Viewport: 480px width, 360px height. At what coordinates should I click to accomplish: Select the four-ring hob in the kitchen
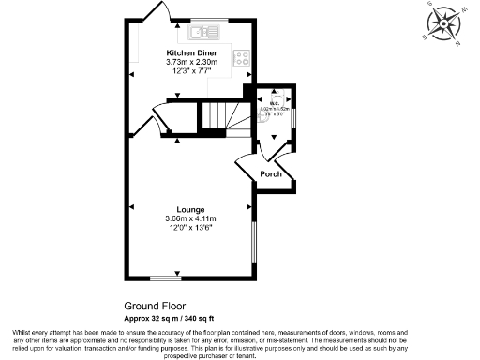(243, 60)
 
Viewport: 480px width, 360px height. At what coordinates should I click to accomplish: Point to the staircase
(226, 116)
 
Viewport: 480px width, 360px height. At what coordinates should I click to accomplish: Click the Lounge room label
(190, 210)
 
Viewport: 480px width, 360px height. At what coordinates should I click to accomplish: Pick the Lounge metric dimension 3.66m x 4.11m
(190, 218)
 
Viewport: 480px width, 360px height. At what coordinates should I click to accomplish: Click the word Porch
(270, 173)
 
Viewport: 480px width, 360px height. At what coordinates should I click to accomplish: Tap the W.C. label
(276, 103)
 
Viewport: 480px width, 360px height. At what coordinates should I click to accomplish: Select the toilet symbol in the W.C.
(277, 96)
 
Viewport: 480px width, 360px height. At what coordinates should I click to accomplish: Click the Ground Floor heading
(155, 306)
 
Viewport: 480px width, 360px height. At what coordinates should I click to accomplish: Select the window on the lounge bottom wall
(166, 278)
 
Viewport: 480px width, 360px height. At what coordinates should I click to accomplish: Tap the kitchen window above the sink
(202, 20)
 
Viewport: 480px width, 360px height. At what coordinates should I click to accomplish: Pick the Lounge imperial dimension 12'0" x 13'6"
(190, 227)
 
